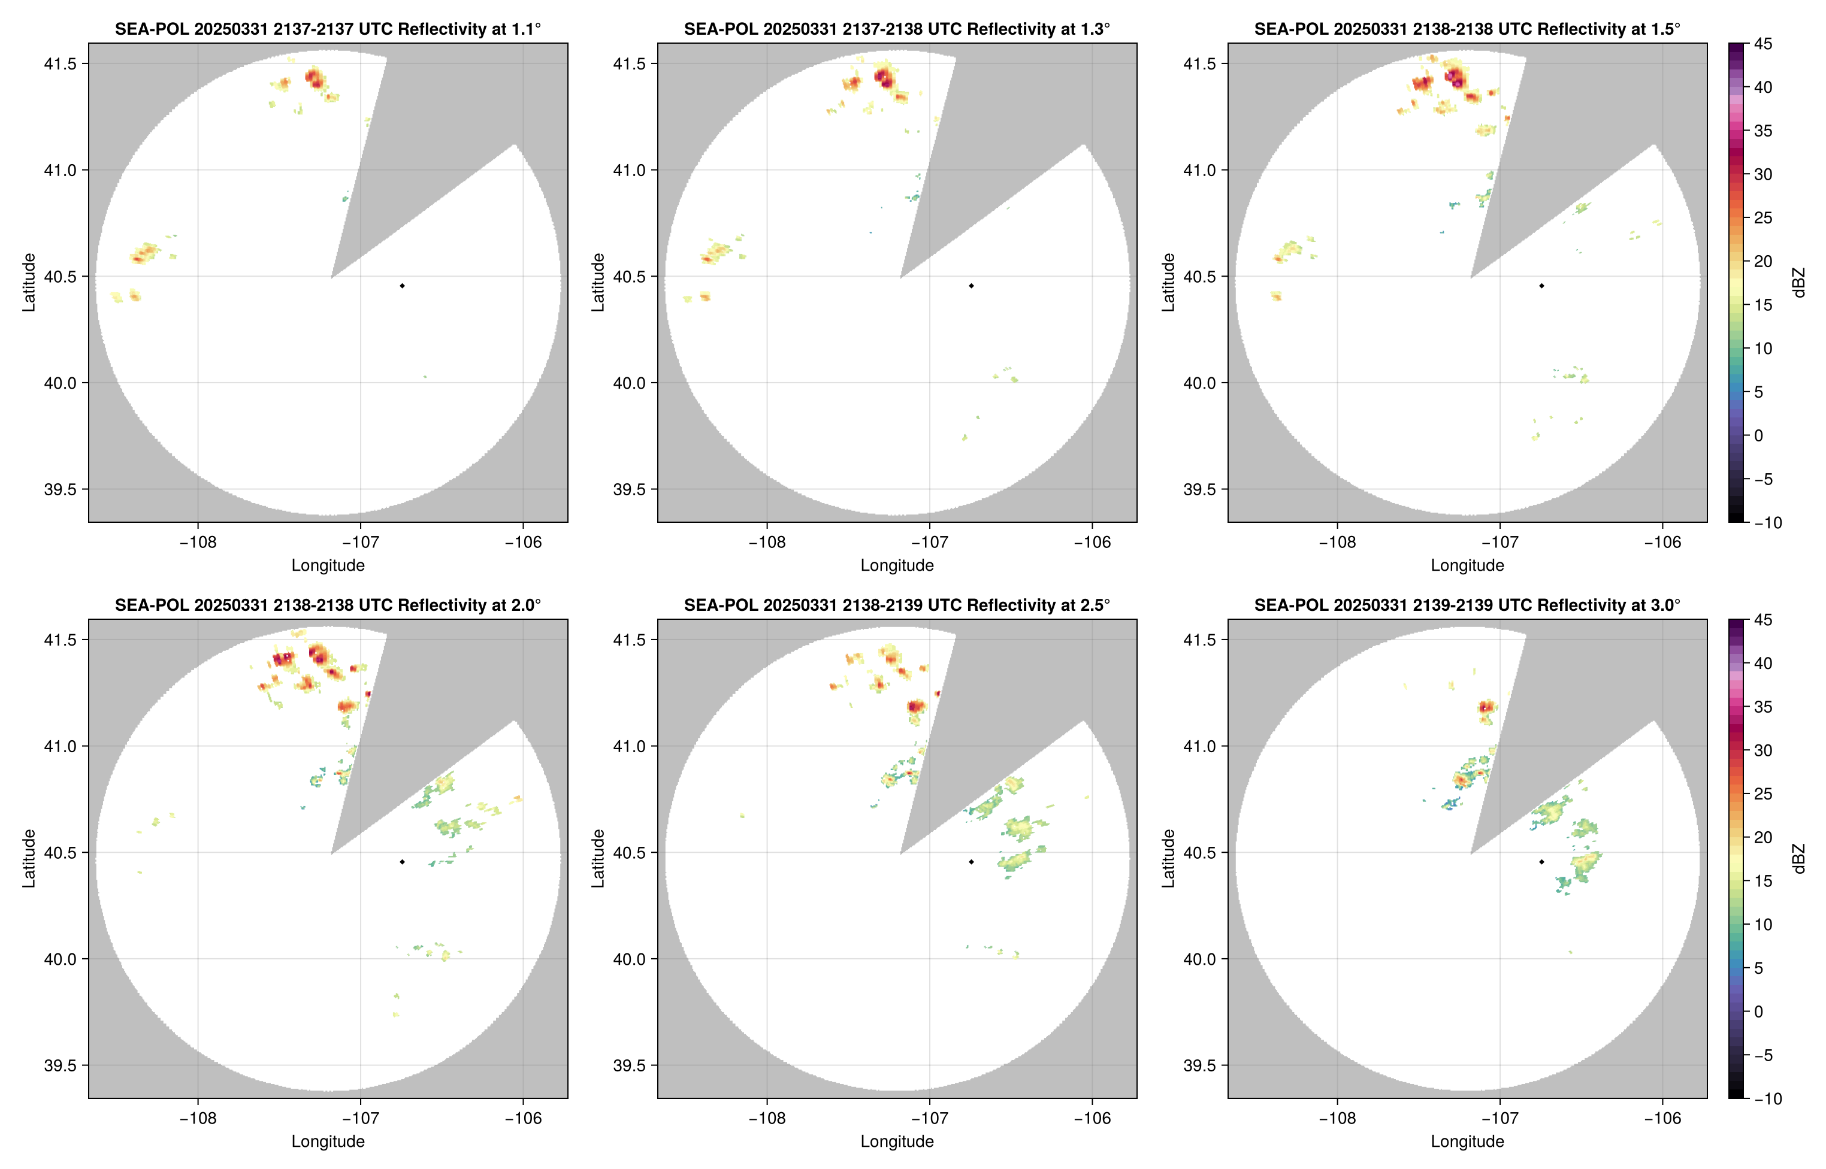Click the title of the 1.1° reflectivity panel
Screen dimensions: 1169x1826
[328, 29]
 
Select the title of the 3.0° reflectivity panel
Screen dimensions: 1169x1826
[1467, 605]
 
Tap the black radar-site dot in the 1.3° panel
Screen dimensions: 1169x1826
[971, 286]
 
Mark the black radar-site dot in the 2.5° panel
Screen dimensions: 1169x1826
[971, 862]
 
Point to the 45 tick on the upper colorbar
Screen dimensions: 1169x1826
[1763, 44]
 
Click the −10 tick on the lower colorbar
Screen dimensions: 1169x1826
[1767, 1098]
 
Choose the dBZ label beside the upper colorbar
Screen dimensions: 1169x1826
[1798, 283]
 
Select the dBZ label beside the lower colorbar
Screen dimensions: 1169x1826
[1798, 859]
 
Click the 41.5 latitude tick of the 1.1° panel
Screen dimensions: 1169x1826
[60, 63]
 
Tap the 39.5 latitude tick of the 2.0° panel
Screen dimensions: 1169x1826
[60, 1065]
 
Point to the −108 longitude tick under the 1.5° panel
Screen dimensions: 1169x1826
[1337, 542]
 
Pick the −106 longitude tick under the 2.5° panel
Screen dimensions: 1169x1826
[1092, 1118]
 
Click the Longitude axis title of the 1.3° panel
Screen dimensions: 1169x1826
[897, 565]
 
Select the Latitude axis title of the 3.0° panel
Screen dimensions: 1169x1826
[1168, 859]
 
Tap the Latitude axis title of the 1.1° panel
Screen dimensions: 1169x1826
[29, 283]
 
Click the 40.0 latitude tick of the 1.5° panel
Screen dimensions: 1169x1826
[1199, 383]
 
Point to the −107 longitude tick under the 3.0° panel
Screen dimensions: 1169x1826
[1500, 1118]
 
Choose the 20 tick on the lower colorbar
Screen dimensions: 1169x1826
[1763, 837]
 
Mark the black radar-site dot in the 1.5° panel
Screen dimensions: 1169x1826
[1541, 286]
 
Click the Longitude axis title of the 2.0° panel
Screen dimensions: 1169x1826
[328, 1141]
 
